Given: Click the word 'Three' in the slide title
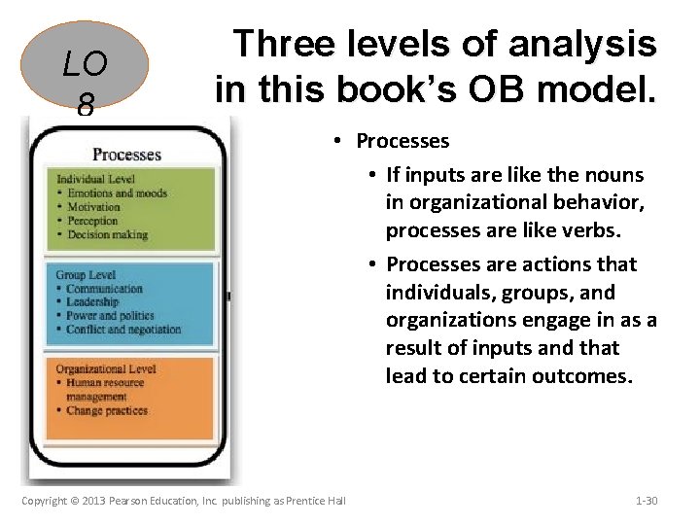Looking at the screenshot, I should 282,44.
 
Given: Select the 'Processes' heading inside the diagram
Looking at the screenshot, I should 126,155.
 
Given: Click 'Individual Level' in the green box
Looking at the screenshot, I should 96,179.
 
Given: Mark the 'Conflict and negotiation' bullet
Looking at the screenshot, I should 123,330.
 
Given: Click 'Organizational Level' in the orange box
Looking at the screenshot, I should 105,369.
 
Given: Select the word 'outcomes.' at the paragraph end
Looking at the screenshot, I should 585,375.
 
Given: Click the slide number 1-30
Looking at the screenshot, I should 647,501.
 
